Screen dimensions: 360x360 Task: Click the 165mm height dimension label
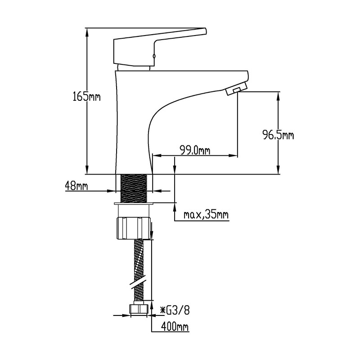(86, 96)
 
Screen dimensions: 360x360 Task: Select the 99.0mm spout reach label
(195, 150)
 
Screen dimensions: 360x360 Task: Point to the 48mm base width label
(76, 185)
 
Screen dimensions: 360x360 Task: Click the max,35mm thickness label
(206, 215)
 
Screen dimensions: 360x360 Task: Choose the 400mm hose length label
(175, 326)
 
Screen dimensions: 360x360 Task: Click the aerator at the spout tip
(237, 89)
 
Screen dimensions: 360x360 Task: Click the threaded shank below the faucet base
(134, 188)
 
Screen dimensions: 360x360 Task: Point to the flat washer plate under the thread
(134, 204)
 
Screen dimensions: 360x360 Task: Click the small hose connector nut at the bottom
(139, 309)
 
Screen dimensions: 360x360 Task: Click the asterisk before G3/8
(162, 311)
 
